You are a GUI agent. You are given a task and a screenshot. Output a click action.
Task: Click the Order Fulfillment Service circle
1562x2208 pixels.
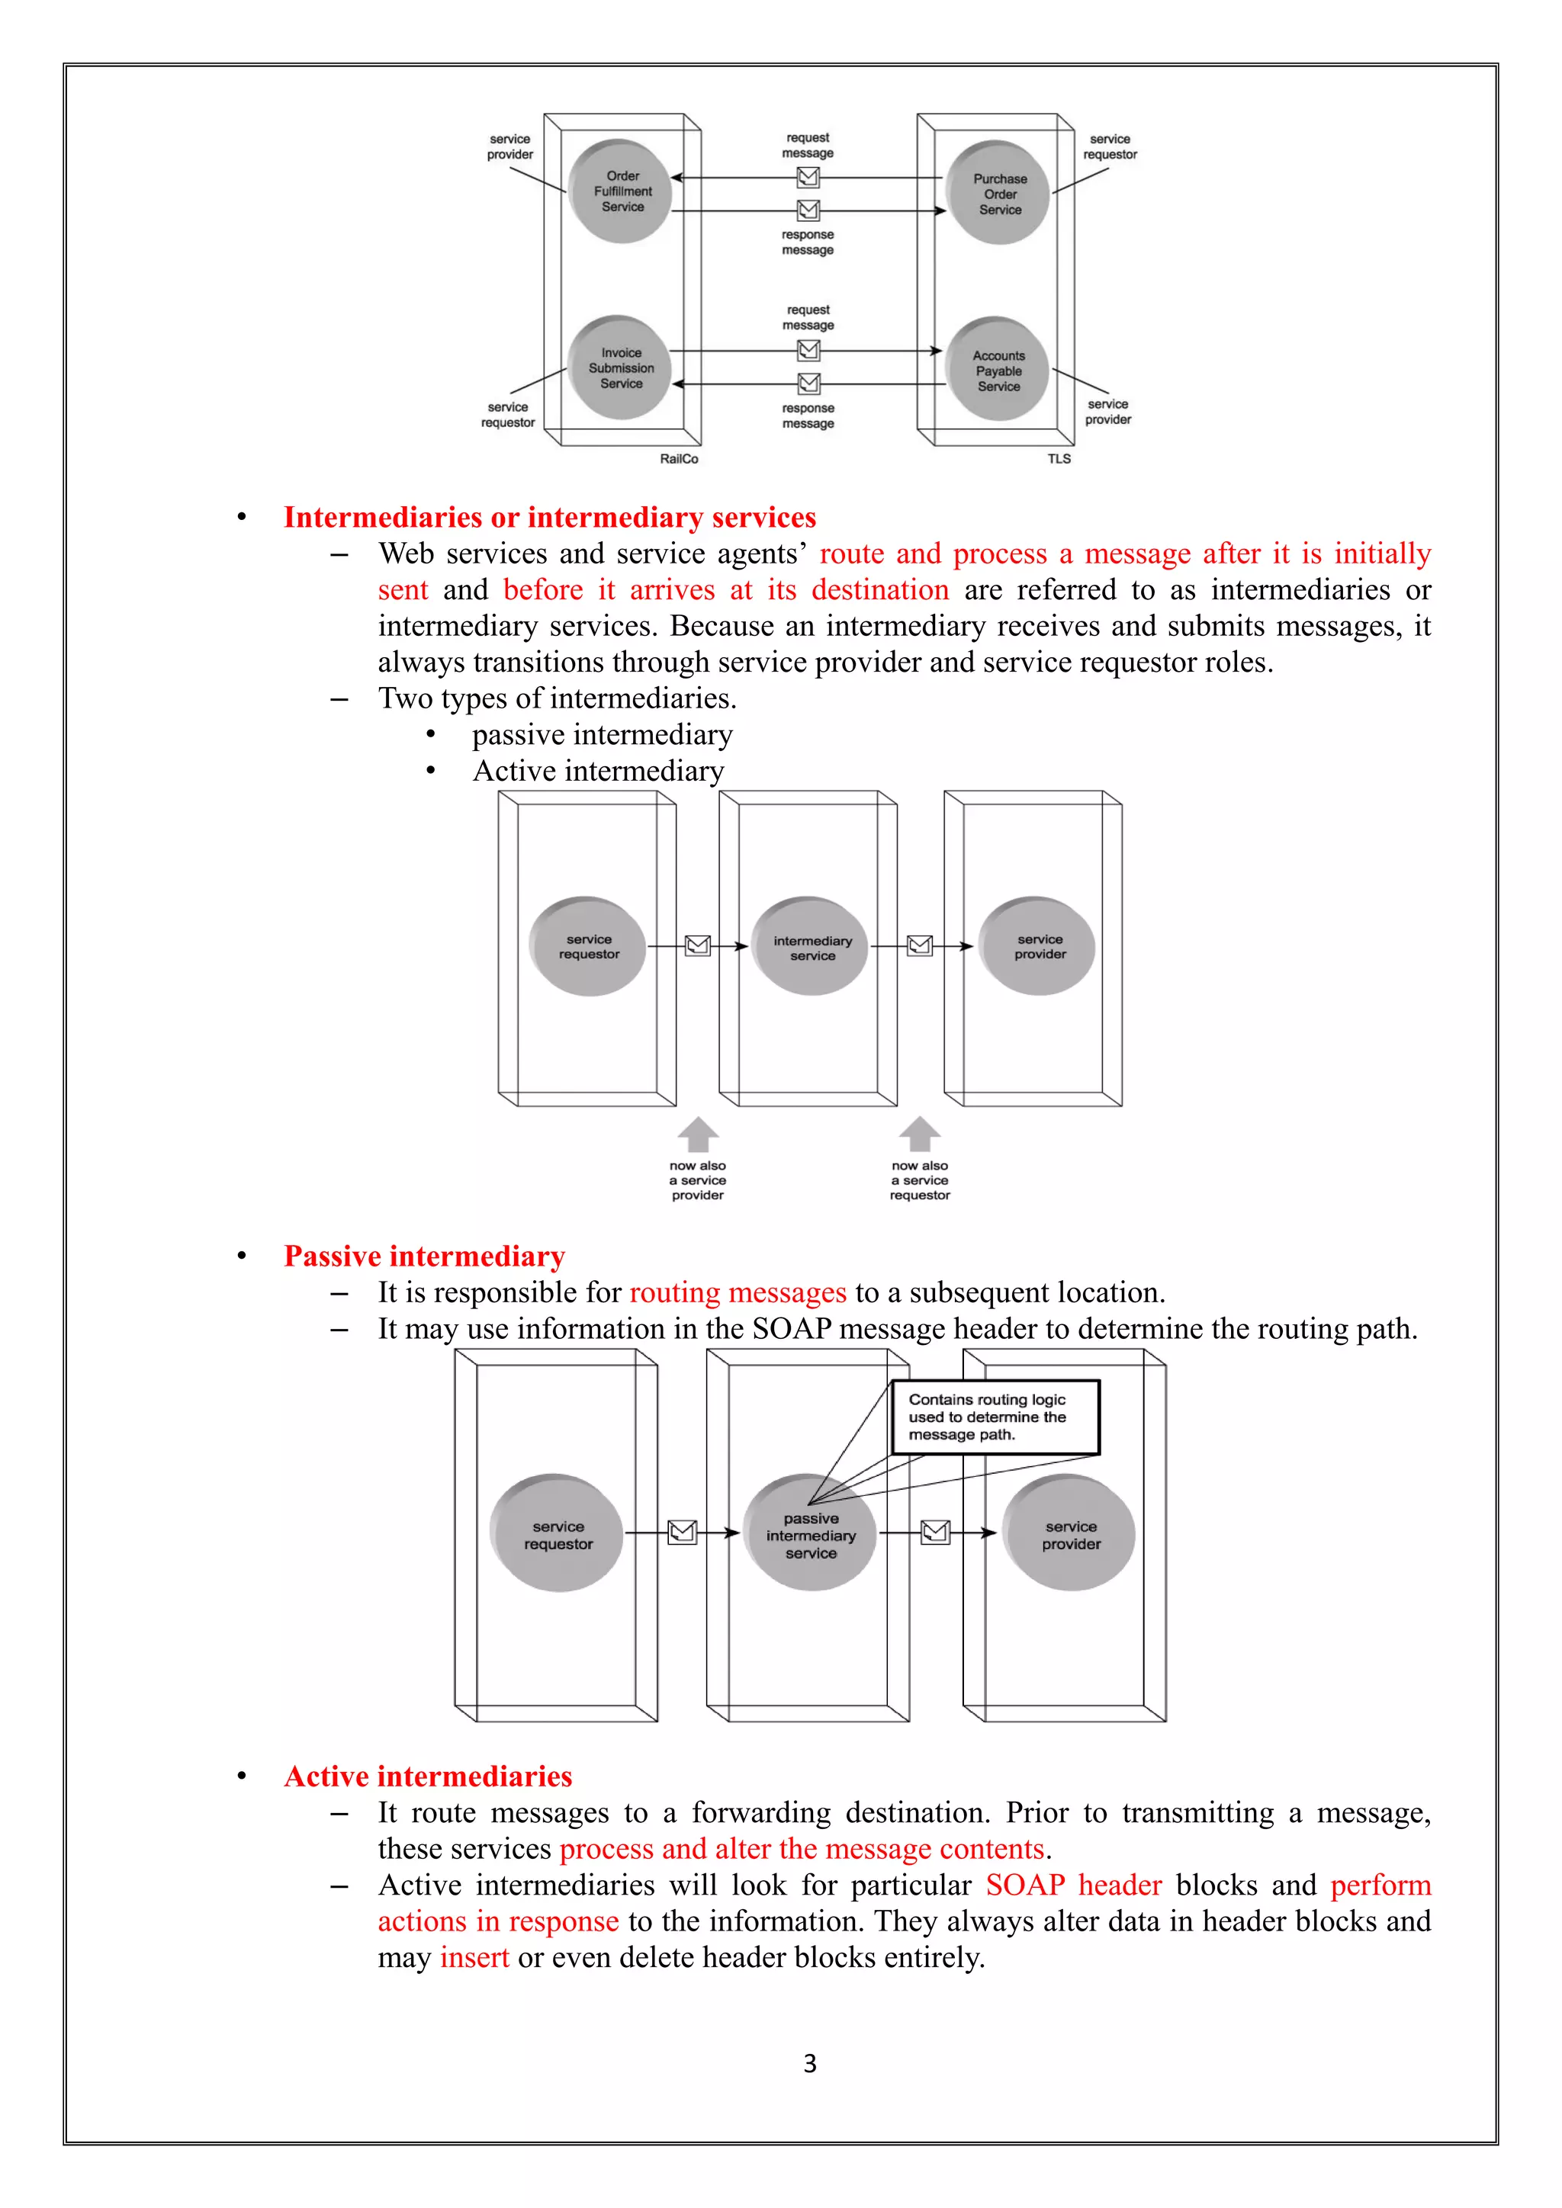click(x=619, y=191)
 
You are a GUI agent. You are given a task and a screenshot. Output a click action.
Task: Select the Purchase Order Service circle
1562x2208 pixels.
click(x=998, y=194)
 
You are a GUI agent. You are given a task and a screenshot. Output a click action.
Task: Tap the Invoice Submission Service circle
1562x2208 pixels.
click(x=619, y=367)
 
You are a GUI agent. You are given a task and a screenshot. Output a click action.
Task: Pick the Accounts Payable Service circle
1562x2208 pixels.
click(x=998, y=371)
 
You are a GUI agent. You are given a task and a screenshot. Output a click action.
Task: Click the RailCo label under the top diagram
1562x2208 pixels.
click(x=679, y=459)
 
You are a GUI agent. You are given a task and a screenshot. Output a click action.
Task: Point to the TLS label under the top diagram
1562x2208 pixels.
click(x=1059, y=459)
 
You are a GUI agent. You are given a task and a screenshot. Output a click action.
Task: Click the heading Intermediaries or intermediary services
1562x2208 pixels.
click(x=549, y=518)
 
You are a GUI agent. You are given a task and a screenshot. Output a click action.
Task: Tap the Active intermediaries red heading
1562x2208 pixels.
click(x=428, y=1776)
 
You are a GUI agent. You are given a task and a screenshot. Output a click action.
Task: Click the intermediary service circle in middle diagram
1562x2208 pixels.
click(x=811, y=947)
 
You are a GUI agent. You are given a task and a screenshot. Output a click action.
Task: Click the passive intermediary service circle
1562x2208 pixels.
click(x=811, y=1534)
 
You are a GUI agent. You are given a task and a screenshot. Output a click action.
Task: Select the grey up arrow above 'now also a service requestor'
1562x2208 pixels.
click(x=920, y=1134)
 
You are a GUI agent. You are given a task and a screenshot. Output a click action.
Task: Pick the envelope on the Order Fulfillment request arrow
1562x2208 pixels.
click(x=808, y=177)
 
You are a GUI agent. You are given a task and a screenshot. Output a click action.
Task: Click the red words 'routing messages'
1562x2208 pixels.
click(x=738, y=1292)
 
